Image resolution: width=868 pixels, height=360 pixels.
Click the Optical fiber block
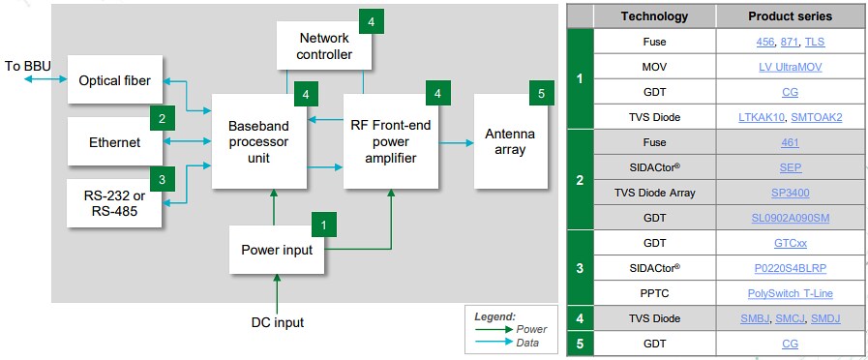(x=114, y=80)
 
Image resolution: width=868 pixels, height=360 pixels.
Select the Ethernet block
(x=108, y=142)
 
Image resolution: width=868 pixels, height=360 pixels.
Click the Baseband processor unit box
(x=256, y=141)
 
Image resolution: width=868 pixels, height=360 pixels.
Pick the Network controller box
(x=324, y=45)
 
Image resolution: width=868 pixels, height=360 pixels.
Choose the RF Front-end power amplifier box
(x=390, y=141)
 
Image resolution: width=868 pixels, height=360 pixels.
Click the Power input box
(x=277, y=249)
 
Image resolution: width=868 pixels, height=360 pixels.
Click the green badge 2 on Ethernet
(x=162, y=120)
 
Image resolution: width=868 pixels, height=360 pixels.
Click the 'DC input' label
(x=276, y=321)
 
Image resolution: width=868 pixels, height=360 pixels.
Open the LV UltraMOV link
(x=790, y=67)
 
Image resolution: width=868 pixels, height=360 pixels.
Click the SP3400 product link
(x=790, y=193)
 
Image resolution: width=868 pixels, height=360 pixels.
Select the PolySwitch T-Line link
(x=790, y=293)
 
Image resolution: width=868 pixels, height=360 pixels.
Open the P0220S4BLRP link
(x=790, y=268)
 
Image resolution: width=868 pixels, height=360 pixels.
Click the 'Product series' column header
(x=790, y=16)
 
